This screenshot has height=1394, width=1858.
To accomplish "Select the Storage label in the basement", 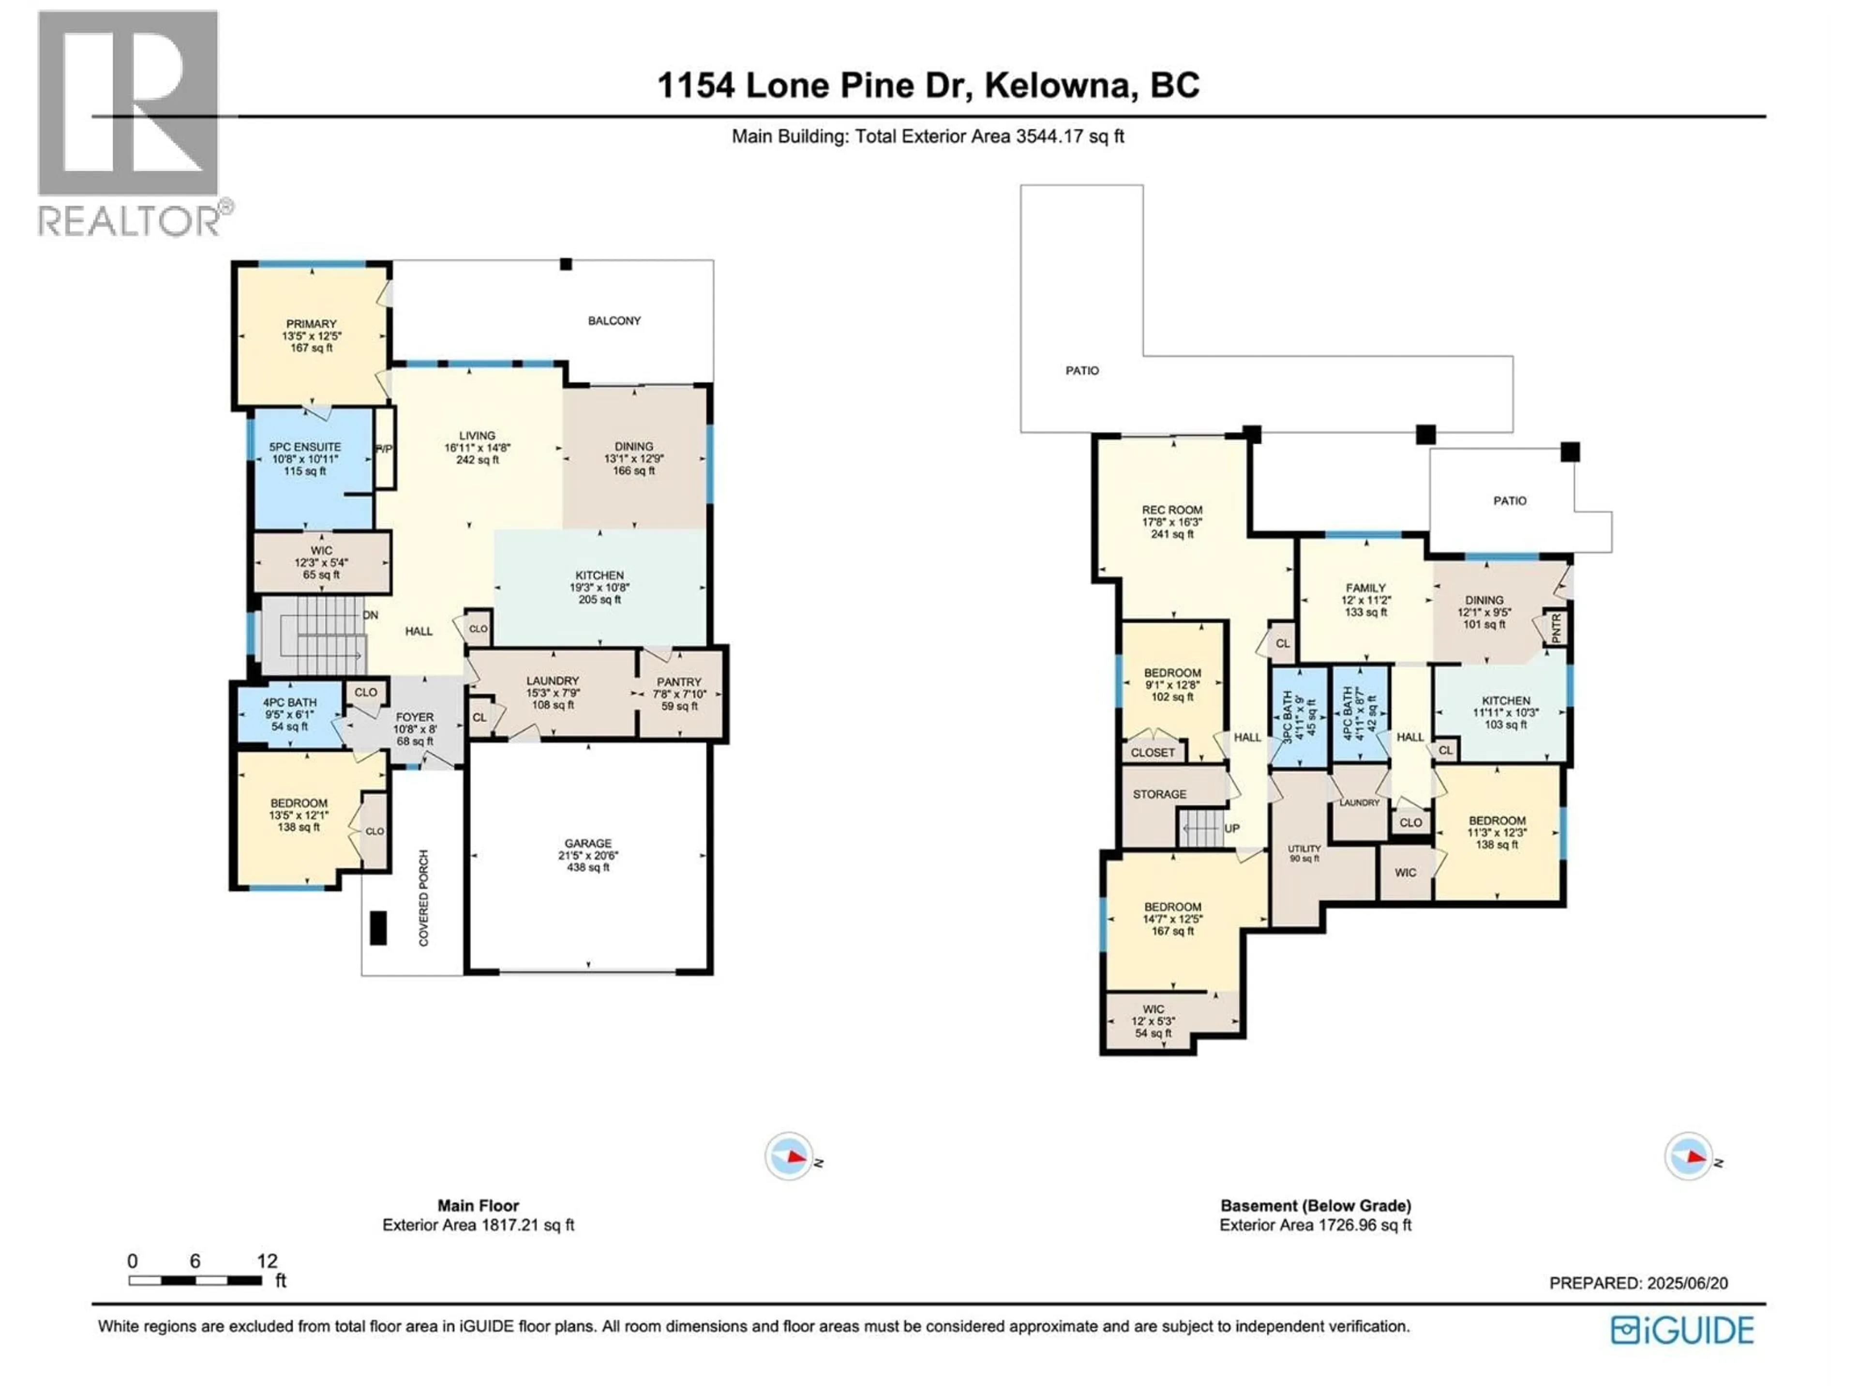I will click(1159, 794).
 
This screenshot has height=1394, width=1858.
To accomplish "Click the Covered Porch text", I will click(423, 897).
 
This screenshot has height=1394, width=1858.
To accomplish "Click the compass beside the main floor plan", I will click(788, 1157).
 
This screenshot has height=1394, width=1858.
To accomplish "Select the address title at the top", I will click(928, 85).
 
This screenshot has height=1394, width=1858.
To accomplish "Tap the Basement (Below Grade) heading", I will click(1316, 1205).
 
